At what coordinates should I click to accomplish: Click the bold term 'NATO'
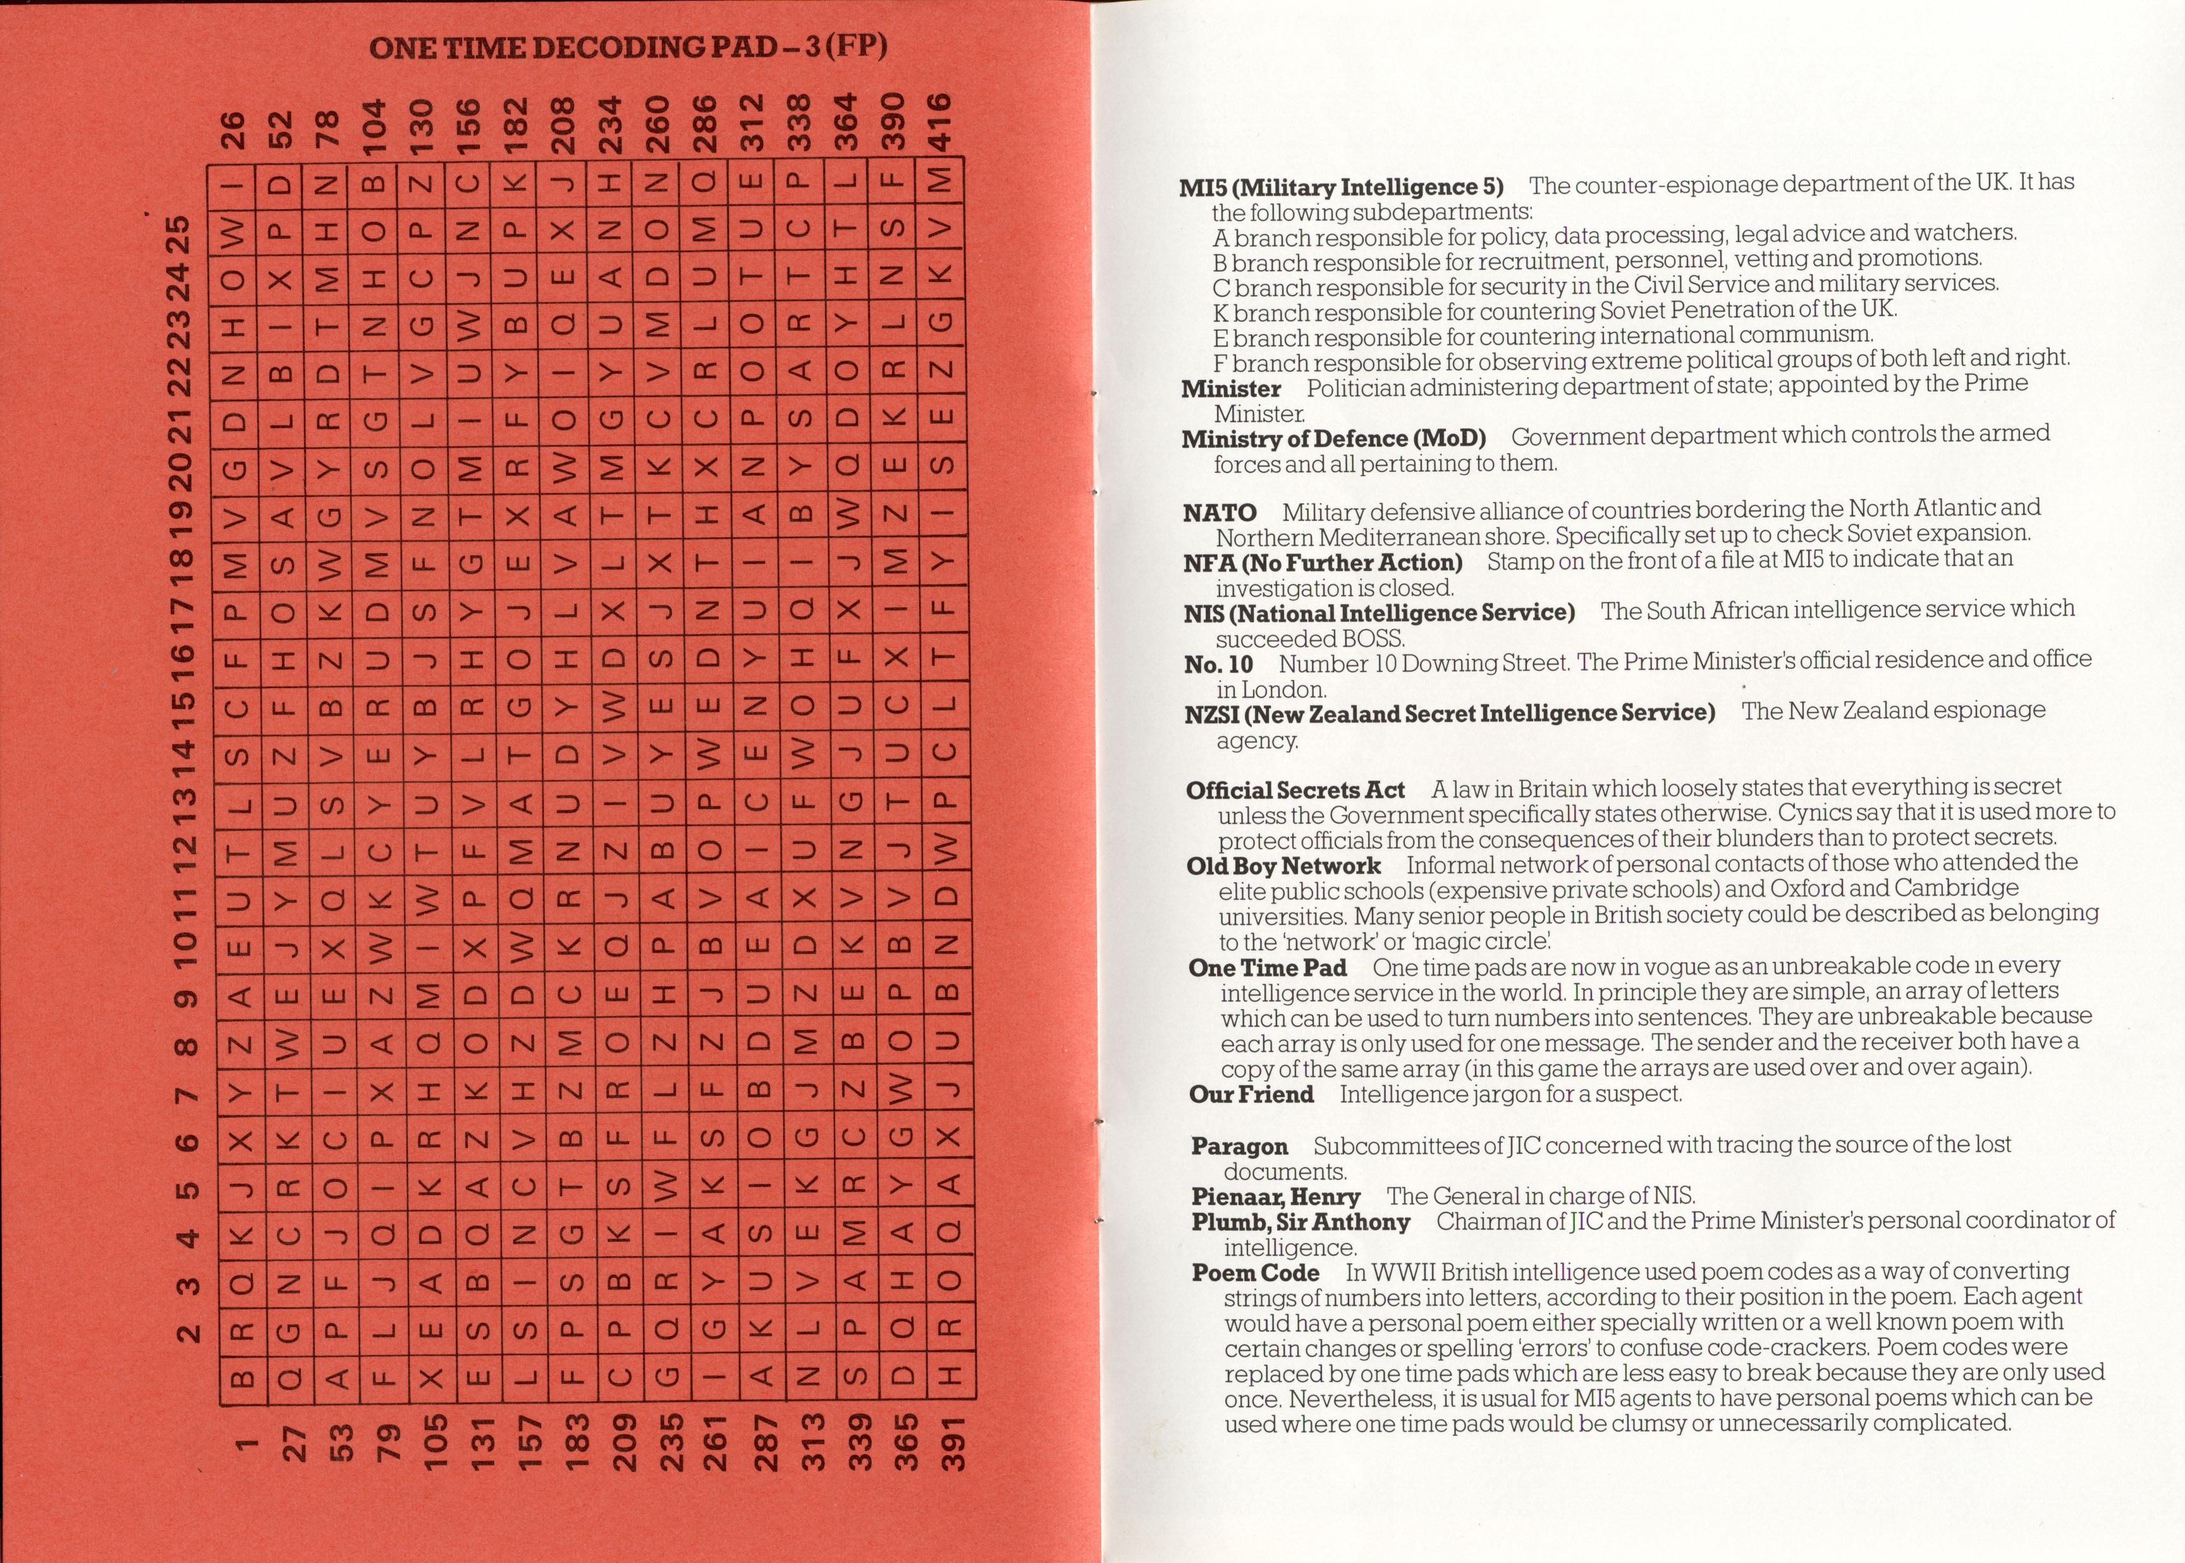[x=1220, y=512]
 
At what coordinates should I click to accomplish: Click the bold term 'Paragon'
[x=1239, y=1146]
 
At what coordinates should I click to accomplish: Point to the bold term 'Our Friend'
[x=1251, y=1094]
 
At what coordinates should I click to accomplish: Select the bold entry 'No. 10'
[x=1218, y=664]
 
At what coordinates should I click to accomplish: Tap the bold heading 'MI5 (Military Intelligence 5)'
[x=1341, y=187]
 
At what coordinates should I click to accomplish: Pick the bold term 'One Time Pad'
[x=1267, y=967]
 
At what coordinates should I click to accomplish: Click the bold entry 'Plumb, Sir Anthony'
[x=1300, y=1222]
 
